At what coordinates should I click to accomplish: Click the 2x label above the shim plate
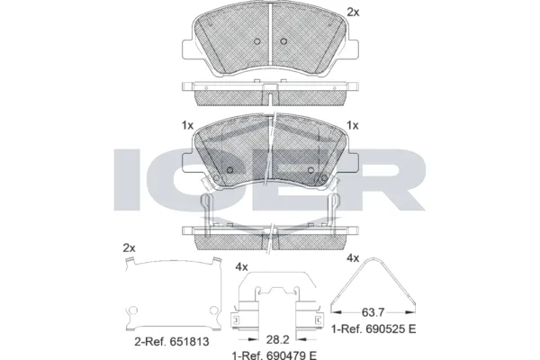click(129, 247)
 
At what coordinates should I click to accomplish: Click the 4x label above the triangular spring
click(354, 258)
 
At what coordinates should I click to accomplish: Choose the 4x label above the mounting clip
click(241, 267)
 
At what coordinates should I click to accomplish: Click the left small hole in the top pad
click(256, 41)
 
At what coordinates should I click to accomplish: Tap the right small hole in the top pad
click(283, 41)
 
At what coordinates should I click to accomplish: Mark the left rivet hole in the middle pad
click(229, 172)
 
